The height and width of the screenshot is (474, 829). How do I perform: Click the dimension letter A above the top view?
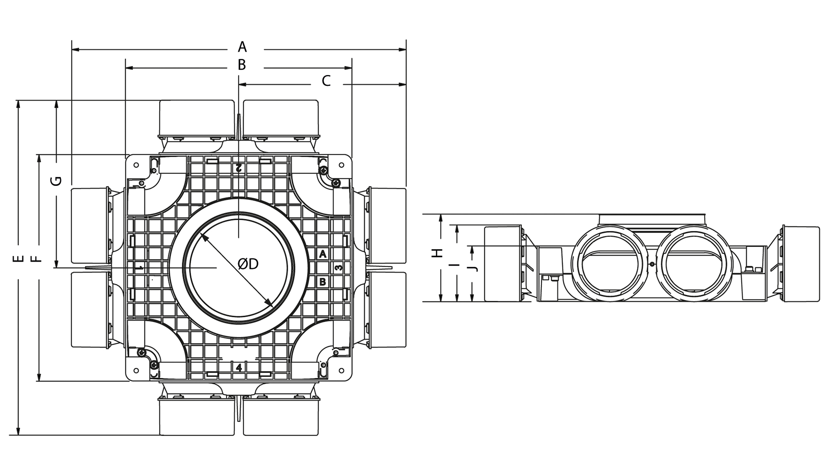pyautogui.click(x=242, y=47)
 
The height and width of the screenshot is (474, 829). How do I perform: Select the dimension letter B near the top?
pyautogui.click(x=242, y=65)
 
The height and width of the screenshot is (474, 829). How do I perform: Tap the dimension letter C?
pyautogui.click(x=326, y=81)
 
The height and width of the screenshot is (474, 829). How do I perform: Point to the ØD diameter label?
pyautogui.click(x=248, y=264)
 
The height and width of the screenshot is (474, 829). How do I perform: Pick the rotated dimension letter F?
pyautogui.click(x=37, y=259)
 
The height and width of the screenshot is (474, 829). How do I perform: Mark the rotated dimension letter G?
pyautogui.click(x=56, y=181)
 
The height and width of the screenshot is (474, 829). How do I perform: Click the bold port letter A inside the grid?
pyautogui.click(x=323, y=254)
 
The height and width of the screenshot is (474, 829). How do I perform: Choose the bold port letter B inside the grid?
pyautogui.click(x=322, y=282)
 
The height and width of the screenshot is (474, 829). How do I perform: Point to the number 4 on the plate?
pyautogui.click(x=239, y=367)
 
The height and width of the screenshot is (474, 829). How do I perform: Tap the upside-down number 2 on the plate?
pyautogui.click(x=238, y=168)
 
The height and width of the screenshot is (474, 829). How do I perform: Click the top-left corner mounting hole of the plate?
pyautogui.click(x=136, y=165)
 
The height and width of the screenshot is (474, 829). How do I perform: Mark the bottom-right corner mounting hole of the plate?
pyautogui.click(x=341, y=370)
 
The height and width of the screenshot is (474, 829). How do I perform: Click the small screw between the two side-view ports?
pyautogui.click(x=652, y=264)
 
